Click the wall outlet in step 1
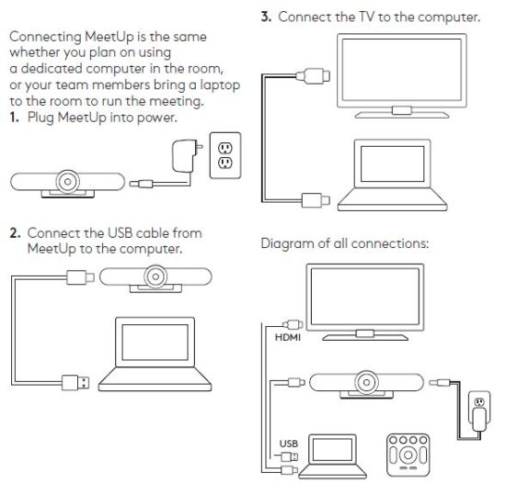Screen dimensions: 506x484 (225, 155)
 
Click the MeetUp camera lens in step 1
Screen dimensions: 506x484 (67, 182)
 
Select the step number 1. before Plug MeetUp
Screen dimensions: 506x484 (14, 118)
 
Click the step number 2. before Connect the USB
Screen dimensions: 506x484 (15, 233)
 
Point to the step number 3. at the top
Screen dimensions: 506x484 (266, 17)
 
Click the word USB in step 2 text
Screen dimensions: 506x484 (119, 233)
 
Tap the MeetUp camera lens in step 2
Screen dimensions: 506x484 (155, 276)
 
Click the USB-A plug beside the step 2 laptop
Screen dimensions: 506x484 (75, 382)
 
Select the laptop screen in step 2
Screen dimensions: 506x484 (155, 343)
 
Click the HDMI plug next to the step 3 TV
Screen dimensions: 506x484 (313, 76)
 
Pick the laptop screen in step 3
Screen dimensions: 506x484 (392, 163)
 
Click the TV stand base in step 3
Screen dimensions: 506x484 (402, 115)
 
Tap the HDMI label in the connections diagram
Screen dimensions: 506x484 (288, 337)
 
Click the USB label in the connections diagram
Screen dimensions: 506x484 (289, 444)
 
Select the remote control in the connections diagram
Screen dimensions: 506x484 (408, 455)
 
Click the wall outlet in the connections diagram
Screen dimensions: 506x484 (479, 407)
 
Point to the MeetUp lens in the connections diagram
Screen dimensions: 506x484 (366, 382)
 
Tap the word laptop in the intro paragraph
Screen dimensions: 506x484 (220, 85)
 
